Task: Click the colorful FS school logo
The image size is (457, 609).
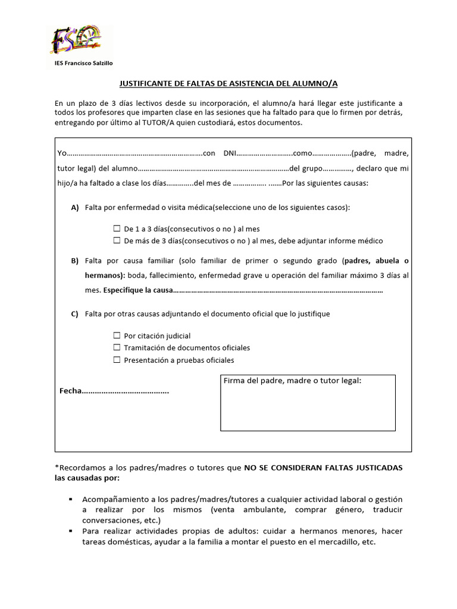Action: (x=75, y=40)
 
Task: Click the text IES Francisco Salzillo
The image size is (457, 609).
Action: (x=83, y=64)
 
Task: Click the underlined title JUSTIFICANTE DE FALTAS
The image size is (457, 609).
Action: (x=228, y=84)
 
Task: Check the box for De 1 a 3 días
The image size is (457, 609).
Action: (x=117, y=228)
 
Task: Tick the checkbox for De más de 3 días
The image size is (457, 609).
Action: (x=117, y=241)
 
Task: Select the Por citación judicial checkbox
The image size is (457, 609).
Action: (x=117, y=336)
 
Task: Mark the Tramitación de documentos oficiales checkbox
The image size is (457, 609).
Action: (x=117, y=348)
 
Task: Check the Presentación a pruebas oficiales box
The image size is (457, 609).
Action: (x=117, y=360)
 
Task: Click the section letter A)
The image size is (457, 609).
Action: (x=75, y=208)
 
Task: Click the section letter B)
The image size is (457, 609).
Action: (x=75, y=261)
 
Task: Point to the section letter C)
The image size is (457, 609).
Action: (x=75, y=313)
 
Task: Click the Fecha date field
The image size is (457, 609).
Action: (x=125, y=392)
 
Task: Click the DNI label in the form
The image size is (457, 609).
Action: (x=230, y=153)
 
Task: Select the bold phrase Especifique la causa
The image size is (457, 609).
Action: (x=137, y=291)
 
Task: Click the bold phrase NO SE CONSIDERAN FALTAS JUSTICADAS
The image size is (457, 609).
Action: (x=323, y=468)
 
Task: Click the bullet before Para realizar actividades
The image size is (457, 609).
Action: (x=71, y=530)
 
